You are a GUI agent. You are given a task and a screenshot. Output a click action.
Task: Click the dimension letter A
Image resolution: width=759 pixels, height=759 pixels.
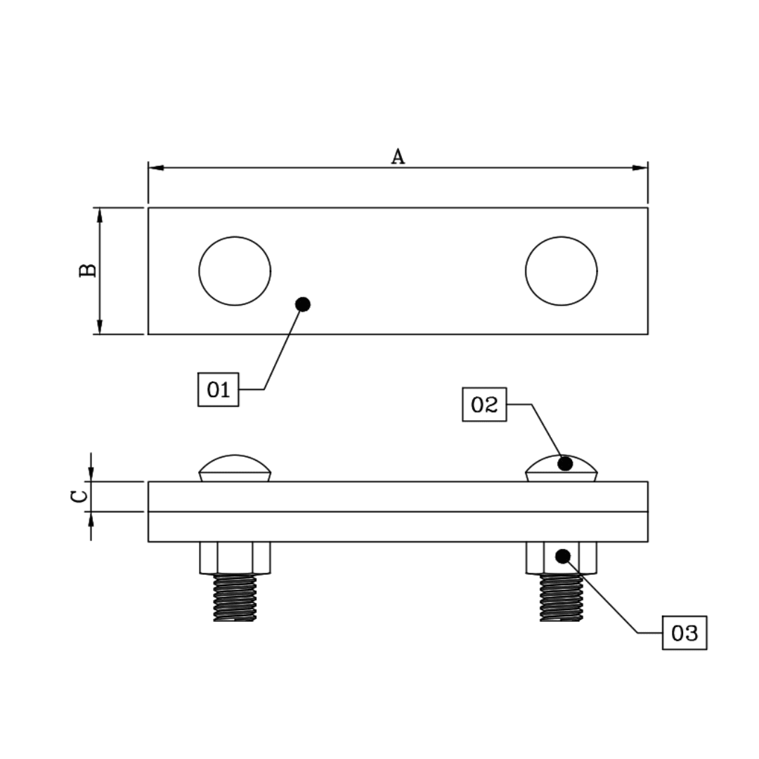coord(398,156)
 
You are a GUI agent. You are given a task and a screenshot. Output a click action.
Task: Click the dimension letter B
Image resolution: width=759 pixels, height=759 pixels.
coord(88,271)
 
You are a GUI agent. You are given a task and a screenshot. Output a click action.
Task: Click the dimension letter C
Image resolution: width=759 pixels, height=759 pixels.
coord(80,496)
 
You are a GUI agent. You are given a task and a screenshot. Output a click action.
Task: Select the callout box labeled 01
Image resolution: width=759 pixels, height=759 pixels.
coord(219,389)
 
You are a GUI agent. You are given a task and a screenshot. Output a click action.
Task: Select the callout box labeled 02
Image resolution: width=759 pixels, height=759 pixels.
coord(484,404)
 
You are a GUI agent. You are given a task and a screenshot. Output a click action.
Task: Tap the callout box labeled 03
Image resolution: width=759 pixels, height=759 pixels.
coord(684,633)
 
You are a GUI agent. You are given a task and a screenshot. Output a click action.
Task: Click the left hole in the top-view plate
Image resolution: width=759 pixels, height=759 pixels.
coord(235,271)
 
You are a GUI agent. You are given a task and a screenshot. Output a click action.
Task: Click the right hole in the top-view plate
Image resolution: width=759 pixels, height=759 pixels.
coord(561,271)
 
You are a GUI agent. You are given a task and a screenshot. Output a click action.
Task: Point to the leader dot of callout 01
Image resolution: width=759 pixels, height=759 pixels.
coord(303,304)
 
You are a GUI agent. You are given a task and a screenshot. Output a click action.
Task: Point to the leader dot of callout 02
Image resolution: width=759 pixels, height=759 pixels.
coord(565,464)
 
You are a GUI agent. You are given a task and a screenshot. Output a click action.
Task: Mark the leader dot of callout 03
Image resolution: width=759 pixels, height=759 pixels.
coord(562,557)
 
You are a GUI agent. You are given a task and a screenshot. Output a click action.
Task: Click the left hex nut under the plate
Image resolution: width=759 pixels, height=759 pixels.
coord(235,558)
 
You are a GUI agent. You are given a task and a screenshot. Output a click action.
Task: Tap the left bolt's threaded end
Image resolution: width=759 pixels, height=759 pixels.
coord(235,597)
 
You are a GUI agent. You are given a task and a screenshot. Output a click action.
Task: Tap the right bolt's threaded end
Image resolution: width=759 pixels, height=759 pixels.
coord(561,597)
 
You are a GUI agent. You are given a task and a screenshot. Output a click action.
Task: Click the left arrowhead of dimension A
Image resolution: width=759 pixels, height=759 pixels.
coord(157,168)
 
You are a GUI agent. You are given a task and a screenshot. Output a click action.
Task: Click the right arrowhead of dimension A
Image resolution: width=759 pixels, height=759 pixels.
coord(640,168)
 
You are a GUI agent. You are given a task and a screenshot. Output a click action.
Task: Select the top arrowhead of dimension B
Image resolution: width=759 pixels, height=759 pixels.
coord(100,215)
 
